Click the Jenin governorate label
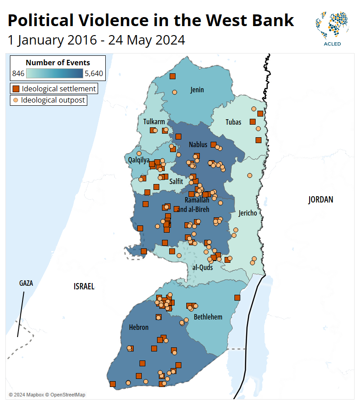tap(197, 90)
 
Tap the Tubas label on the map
tap(234, 122)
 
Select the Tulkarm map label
tap(154, 121)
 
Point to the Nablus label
tap(198, 144)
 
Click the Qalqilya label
tap(139, 160)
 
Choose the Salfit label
tap(176, 181)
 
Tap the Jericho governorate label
tap(248, 213)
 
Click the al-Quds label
tap(202, 267)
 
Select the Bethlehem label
tap(208, 317)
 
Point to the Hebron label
tap(139, 327)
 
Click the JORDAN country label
tap(320, 199)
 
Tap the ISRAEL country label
tap(84, 286)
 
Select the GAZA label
tap(26, 283)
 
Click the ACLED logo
tap(332, 29)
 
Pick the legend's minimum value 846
tap(18, 74)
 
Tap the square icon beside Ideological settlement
tap(16, 89)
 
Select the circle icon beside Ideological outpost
tap(16, 100)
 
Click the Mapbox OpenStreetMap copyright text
tap(47, 395)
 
